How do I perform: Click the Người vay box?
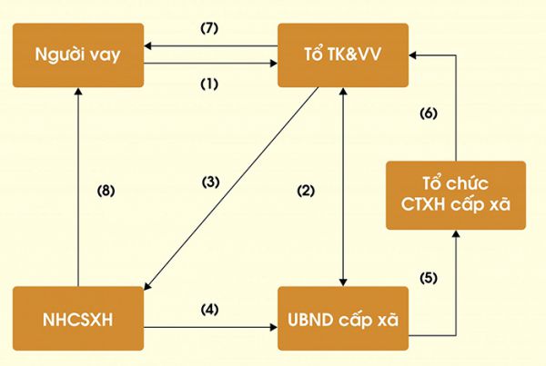point(78,55)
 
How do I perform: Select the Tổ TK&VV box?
point(343,55)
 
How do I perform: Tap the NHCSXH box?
point(78,319)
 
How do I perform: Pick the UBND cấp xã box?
point(343,319)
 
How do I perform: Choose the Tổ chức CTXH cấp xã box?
point(456,195)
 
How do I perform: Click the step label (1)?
point(209,84)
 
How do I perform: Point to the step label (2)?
point(306,191)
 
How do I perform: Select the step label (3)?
point(211,183)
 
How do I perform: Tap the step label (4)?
point(209,310)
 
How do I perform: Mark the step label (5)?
point(429,278)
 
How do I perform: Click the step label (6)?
point(429,114)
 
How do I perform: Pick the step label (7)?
point(209,28)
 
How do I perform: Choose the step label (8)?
point(106,191)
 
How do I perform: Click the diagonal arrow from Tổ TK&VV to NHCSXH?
point(231,188)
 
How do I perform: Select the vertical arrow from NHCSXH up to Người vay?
point(78,187)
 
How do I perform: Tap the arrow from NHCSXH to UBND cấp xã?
point(211,327)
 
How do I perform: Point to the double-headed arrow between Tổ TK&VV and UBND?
point(343,187)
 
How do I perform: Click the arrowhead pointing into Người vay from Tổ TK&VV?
point(147,46)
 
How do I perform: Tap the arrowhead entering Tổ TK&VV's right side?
point(412,55)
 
